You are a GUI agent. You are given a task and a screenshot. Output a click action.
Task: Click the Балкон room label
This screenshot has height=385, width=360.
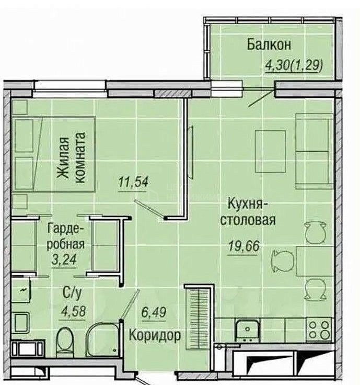[269, 44]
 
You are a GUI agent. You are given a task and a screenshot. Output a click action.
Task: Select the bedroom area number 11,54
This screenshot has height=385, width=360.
[133, 182]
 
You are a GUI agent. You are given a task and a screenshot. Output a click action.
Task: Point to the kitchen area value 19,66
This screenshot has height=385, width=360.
[243, 246]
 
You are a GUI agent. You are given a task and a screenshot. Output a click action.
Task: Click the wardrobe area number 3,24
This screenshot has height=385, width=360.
[64, 259]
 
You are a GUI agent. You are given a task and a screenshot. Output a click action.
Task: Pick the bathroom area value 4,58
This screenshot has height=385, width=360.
[74, 311]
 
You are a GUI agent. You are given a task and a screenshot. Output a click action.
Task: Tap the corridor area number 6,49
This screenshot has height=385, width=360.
[154, 312]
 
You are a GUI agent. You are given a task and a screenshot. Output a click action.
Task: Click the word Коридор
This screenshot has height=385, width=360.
[155, 335]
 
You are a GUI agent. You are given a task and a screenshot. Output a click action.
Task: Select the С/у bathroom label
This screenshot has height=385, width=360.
[72, 293]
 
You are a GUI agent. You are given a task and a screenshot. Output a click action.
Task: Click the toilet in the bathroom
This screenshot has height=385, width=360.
[65, 342]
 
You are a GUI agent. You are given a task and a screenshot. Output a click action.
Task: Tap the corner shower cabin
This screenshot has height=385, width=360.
[103, 339]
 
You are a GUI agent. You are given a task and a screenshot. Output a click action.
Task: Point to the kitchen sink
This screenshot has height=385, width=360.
[247, 330]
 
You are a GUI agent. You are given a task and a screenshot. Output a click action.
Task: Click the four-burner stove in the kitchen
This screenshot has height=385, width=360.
[319, 330]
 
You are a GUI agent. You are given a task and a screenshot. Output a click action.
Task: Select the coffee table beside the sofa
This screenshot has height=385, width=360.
[270, 151]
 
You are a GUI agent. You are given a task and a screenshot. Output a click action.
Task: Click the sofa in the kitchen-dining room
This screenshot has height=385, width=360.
[314, 151]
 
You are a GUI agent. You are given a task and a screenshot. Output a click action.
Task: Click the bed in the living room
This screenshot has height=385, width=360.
[54, 154]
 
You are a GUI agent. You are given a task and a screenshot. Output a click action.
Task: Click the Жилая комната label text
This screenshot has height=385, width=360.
[71, 158]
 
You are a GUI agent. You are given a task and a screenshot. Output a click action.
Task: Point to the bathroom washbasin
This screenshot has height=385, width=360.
[21, 321]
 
